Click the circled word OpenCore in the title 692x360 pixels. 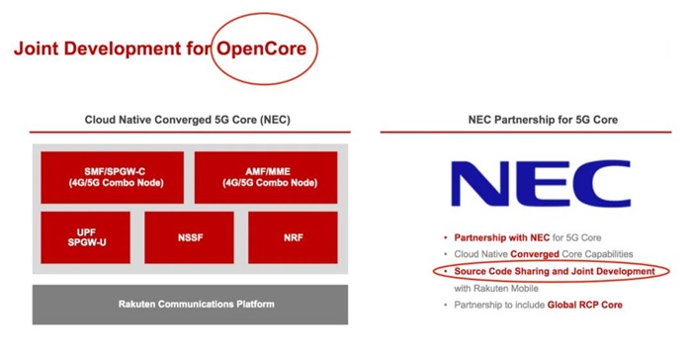261,48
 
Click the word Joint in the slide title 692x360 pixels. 37,48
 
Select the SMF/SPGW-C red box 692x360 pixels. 112,178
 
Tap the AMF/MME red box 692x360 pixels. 266,178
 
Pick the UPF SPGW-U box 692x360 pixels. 86,237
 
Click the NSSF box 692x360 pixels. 190,237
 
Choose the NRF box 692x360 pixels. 293,237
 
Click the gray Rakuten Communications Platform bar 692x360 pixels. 190,305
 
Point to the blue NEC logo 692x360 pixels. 541,183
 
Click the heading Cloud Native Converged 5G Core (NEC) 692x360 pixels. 188,120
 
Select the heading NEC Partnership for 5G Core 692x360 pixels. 543,120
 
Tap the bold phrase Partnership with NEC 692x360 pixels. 502,237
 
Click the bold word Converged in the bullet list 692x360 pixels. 535,254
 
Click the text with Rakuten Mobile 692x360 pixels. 496,289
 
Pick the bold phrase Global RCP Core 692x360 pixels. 585,305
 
